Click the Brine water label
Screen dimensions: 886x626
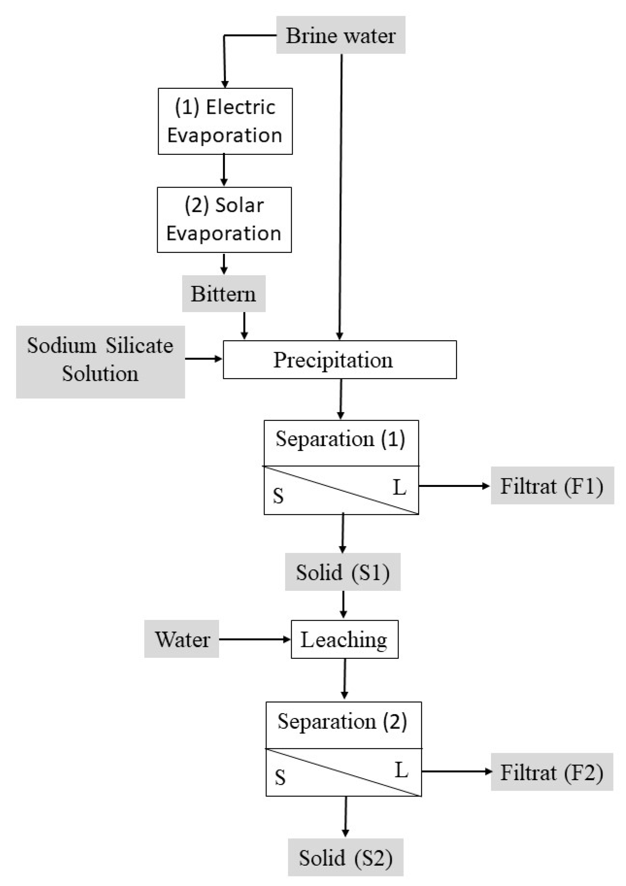pos(340,35)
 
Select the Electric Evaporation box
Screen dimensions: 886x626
pos(225,121)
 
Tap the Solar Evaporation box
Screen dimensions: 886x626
pos(224,220)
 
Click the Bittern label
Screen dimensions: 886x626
pos(223,294)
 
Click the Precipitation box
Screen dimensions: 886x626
pos(339,360)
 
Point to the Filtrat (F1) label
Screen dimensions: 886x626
pos(552,486)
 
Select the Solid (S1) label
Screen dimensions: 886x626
pos(342,572)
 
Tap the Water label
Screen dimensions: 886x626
pos(182,639)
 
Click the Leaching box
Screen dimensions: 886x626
pos(344,639)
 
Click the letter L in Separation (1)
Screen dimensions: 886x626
pos(400,487)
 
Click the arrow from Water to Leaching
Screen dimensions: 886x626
pos(255,639)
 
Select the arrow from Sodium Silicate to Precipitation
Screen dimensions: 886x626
pos(204,359)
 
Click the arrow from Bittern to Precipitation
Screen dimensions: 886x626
pos(244,325)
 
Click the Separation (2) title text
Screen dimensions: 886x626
pos(342,721)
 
